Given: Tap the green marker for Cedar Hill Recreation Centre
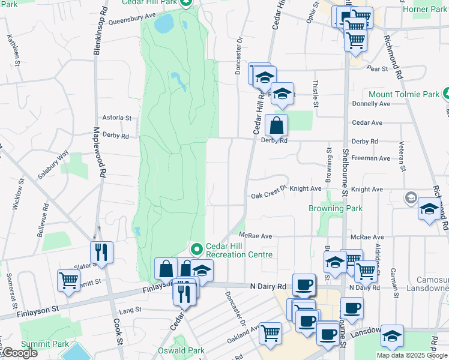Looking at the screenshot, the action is (x=196, y=248).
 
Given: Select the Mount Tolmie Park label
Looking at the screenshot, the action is (x=404, y=95).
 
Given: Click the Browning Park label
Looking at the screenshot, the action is (x=336, y=208).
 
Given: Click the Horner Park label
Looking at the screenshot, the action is (x=425, y=9).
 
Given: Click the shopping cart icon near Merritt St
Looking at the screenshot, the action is (x=68, y=280).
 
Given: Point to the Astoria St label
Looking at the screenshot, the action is (x=116, y=118).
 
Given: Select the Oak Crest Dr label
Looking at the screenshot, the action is (x=270, y=196).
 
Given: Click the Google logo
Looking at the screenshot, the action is (x=19, y=353).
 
